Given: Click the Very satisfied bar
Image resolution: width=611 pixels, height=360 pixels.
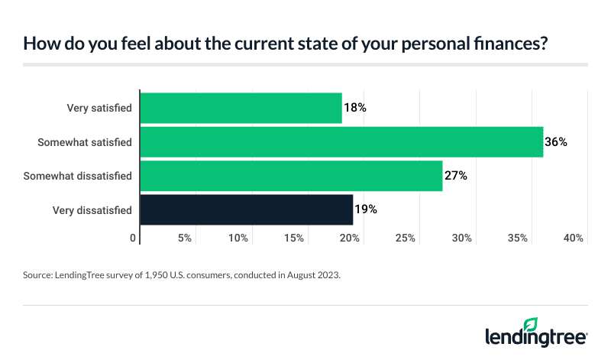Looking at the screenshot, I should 241,108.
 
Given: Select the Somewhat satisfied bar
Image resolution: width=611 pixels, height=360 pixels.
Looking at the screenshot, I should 341,141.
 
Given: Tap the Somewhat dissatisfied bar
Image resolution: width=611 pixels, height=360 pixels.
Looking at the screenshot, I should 291,175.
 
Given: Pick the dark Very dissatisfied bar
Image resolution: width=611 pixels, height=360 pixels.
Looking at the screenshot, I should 247,209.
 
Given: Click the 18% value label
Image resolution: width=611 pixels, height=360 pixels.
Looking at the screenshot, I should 355,108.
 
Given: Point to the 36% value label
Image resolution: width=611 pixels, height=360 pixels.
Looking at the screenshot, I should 555,141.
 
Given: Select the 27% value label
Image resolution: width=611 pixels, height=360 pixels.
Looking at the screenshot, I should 455,175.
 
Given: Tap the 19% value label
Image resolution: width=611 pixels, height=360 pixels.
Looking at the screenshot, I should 366,209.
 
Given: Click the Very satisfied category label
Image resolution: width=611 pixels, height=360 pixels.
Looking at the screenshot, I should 99,108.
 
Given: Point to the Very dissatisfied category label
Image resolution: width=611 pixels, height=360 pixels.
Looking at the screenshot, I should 92,209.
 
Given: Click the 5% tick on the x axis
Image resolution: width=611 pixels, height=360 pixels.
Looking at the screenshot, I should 184,238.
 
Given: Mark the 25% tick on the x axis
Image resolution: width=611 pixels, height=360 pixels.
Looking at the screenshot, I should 406,238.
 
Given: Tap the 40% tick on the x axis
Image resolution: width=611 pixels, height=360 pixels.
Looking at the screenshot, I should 574,238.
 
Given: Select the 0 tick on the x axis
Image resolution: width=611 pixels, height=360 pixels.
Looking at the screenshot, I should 134,238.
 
